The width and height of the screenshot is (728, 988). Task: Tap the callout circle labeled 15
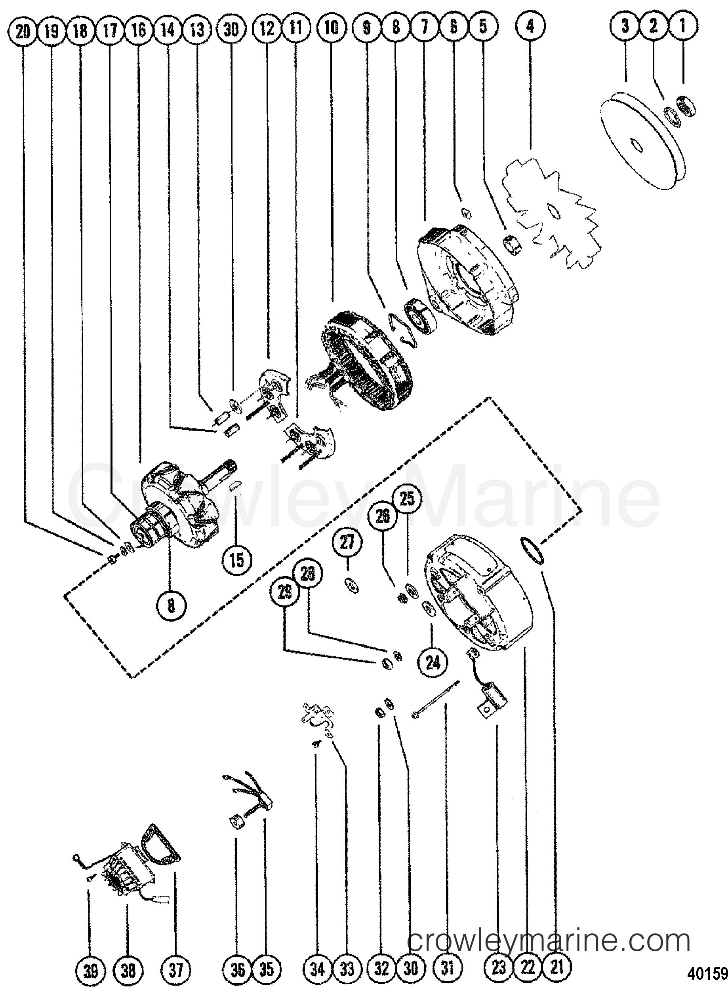point(236,560)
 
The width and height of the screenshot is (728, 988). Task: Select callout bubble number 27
point(347,542)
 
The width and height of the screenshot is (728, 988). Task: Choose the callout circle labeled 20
point(23,30)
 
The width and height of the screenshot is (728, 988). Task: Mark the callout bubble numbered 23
point(499,968)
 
